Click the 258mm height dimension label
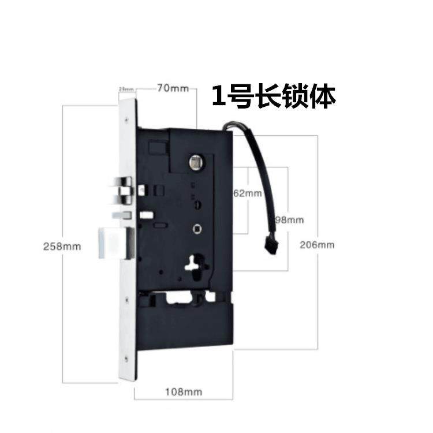(62, 246)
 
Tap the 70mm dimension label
(171, 88)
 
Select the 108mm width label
(184, 392)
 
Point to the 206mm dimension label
(317, 244)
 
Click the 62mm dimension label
(247, 193)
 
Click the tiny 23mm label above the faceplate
(125, 89)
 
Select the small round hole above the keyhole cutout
(198, 229)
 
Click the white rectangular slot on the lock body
(147, 215)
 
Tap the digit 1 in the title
(218, 96)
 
